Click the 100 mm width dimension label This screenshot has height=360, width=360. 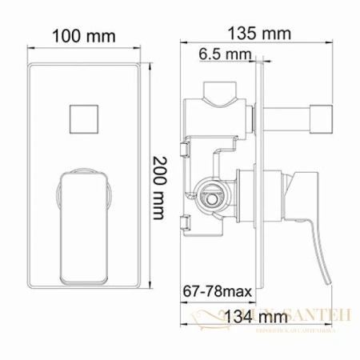[83, 37]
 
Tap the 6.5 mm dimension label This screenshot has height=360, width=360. [221, 54]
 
